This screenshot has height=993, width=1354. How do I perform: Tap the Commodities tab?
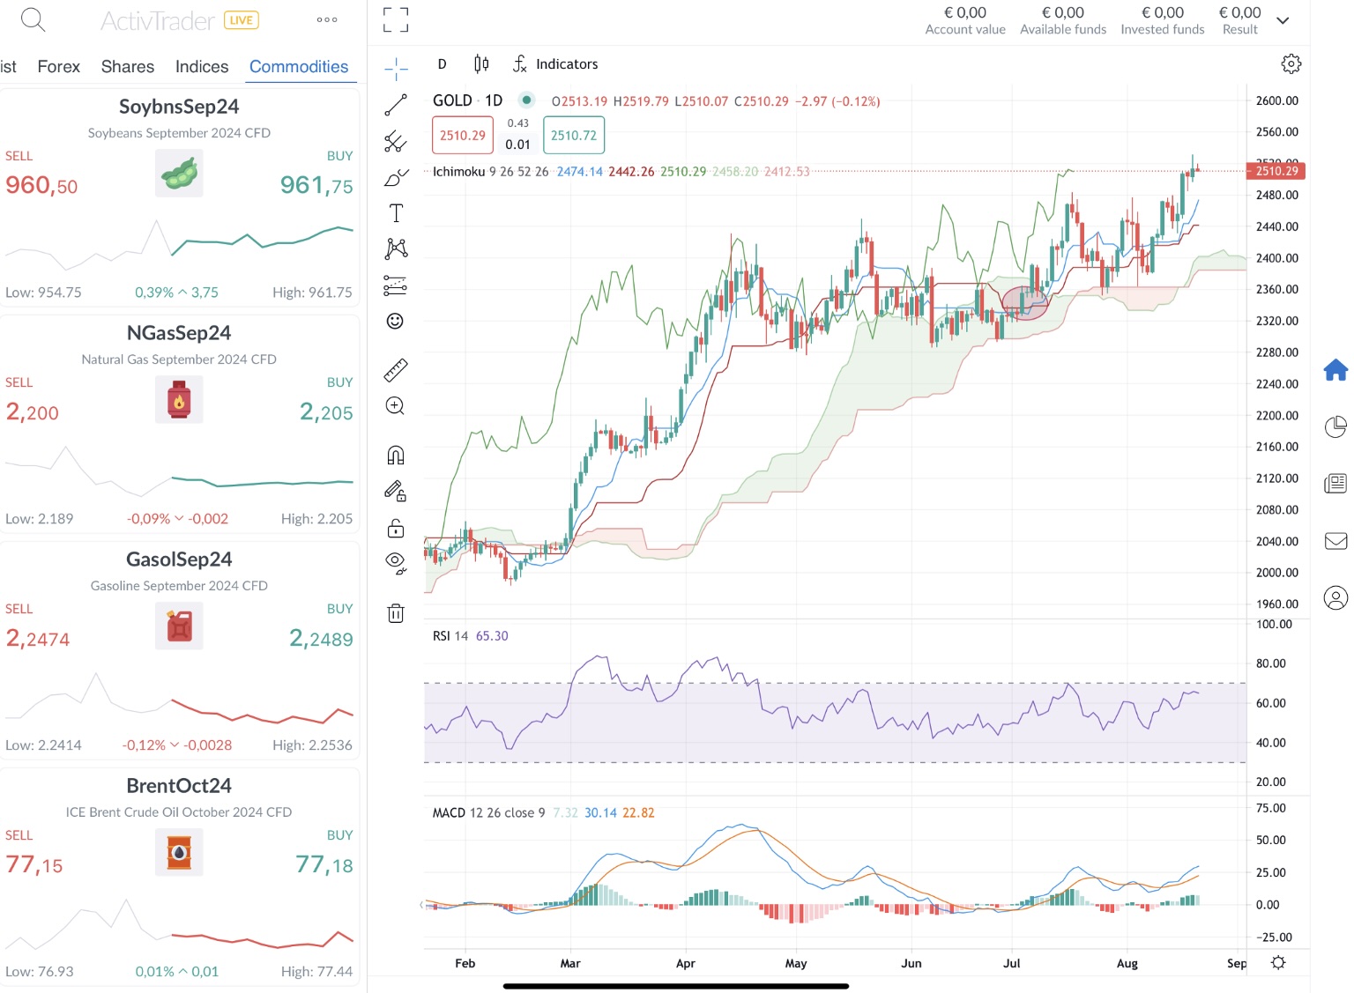tap(298, 67)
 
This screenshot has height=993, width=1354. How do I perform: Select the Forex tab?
tap(58, 67)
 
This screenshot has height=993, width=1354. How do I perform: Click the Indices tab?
tap(201, 67)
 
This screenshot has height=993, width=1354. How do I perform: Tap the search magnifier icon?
tap(33, 19)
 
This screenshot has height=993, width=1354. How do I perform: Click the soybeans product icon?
tap(179, 173)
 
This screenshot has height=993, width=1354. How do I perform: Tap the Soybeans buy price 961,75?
tap(316, 185)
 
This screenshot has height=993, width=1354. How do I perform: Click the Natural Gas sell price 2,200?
tap(33, 411)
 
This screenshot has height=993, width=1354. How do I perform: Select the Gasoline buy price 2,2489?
tap(321, 639)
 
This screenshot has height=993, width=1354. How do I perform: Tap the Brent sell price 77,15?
tap(34, 865)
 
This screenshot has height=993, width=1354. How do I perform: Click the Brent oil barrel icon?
tap(179, 852)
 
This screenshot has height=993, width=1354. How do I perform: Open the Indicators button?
tap(555, 64)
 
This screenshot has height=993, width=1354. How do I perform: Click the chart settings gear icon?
tap(1291, 64)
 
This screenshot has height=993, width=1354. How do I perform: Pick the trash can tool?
tap(396, 613)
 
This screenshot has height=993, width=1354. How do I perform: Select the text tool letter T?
tap(396, 213)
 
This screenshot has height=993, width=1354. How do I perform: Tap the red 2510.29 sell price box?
tap(462, 136)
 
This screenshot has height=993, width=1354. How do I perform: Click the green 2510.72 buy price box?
tap(574, 136)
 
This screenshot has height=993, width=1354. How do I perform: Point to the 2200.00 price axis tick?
tap(1276, 415)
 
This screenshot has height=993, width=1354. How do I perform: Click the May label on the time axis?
tap(796, 963)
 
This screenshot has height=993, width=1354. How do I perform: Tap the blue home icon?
tap(1335, 370)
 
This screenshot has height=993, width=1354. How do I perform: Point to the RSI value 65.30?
tap(492, 636)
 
